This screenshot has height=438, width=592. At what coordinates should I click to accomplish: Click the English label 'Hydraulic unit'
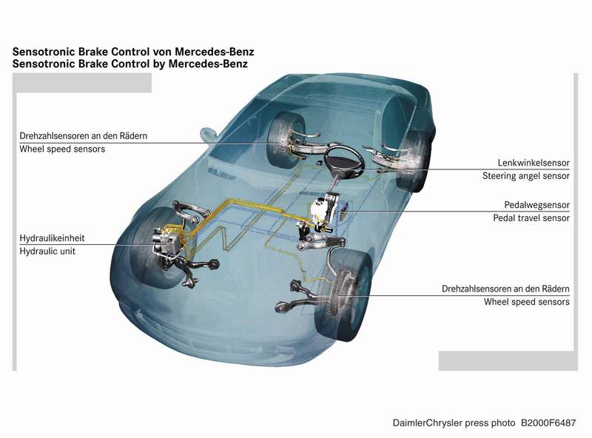click(x=47, y=252)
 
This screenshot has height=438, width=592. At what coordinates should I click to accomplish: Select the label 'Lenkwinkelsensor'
click(x=533, y=163)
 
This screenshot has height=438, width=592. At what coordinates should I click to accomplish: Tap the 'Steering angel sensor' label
click(x=526, y=176)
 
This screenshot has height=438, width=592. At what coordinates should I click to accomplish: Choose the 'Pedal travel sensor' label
click(x=531, y=218)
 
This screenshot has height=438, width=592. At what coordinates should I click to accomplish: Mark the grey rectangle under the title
click(x=82, y=84)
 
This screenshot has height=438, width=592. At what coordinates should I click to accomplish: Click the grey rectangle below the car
click(x=508, y=360)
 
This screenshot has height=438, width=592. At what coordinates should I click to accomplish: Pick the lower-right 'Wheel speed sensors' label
click(x=527, y=302)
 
